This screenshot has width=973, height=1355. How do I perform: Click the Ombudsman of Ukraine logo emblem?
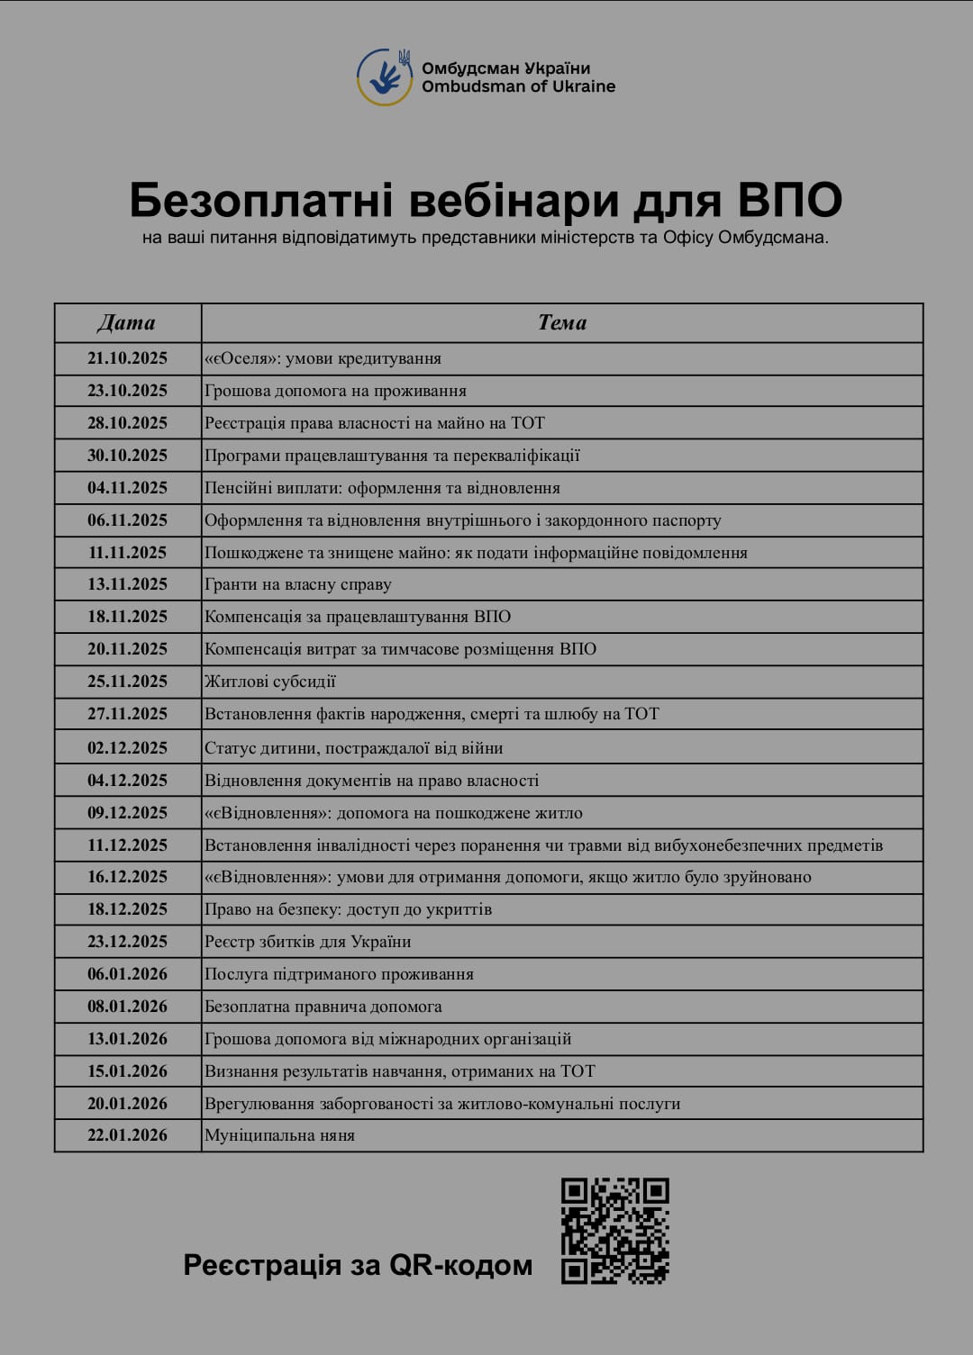386,77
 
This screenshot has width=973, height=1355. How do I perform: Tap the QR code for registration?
615,1230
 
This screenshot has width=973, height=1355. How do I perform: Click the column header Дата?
127,322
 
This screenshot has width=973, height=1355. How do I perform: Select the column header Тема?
562,322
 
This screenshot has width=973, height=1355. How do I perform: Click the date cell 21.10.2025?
127,358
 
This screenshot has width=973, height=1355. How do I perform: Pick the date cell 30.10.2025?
127,456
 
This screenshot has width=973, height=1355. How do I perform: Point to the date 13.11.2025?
127,584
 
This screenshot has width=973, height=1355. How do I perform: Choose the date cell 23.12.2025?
127,942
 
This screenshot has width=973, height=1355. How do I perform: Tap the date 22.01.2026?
127,1135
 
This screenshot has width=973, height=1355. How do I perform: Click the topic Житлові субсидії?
270,682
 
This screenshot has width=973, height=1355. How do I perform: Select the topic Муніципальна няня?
279,1135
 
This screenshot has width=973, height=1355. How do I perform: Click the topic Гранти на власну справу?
298,584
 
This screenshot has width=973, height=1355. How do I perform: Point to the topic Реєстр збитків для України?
308,942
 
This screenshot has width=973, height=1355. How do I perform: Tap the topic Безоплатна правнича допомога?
323,1007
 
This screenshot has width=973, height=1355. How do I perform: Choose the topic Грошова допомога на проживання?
335,391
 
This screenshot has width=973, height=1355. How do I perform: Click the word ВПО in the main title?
790,200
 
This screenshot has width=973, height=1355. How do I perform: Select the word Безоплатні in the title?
261,200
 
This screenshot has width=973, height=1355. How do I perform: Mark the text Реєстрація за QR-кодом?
358,1265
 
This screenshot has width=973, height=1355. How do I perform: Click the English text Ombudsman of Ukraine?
518,86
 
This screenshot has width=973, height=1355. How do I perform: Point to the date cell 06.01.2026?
127,974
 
